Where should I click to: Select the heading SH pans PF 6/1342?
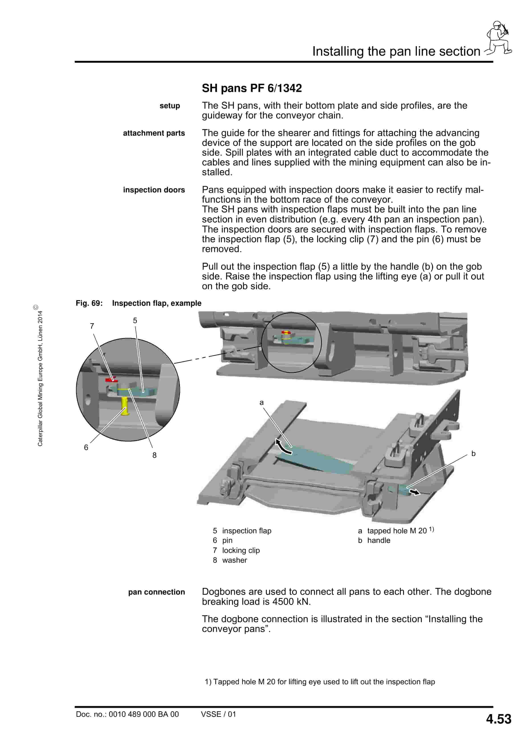[x=252, y=88]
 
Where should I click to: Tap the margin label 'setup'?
[x=170, y=106]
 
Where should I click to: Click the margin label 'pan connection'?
[x=157, y=592]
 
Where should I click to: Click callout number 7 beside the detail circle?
[x=92, y=326]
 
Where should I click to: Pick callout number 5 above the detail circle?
[x=135, y=320]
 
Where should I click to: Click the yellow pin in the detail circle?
[x=124, y=406]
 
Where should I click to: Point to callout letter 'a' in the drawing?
[x=261, y=403]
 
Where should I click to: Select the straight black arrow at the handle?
[x=415, y=492]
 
